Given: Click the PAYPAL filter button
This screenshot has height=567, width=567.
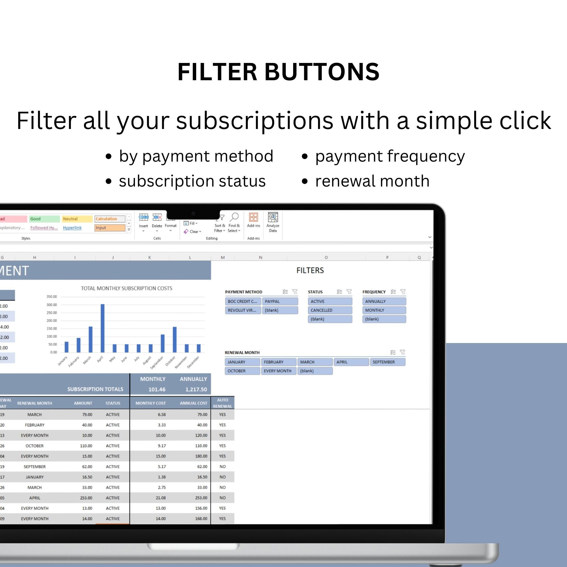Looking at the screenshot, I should pyautogui.click(x=280, y=301).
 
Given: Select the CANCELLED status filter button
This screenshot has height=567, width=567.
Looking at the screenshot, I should pyautogui.click(x=330, y=310).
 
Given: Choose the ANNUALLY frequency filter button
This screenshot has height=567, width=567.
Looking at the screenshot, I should pyautogui.click(x=384, y=301).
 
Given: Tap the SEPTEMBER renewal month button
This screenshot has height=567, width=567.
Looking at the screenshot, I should pyautogui.click(x=387, y=362).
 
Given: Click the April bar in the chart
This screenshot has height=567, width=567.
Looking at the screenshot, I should pyautogui.click(x=102, y=328).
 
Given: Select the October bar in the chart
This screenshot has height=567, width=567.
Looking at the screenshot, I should pyautogui.click(x=175, y=340).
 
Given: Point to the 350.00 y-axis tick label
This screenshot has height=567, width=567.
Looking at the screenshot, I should pyautogui.click(x=52, y=297).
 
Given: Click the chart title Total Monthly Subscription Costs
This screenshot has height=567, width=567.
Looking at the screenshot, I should pyautogui.click(x=126, y=289).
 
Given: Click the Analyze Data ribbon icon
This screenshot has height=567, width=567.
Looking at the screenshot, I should pyautogui.click(x=273, y=217).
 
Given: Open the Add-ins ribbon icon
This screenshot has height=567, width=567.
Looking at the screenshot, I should pyautogui.click(x=253, y=217).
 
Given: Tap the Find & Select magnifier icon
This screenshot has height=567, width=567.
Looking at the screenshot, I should pyautogui.click(x=234, y=217).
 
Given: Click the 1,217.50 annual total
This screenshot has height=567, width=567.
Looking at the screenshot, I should pyautogui.click(x=196, y=390).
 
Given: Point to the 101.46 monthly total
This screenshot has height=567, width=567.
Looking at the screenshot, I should pyautogui.click(x=157, y=390).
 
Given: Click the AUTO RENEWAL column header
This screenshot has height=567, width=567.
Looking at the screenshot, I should pyautogui.click(x=223, y=403).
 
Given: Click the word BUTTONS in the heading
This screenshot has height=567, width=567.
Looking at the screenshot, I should pyautogui.click(x=322, y=72).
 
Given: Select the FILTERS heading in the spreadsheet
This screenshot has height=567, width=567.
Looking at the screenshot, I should pyautogui.click(x=310, y=270).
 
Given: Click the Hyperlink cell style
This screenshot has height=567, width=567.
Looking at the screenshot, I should pyautogui.click(x=72, y=228).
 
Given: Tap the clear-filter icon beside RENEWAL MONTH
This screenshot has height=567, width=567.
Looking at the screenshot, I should pyautogui.click(x=402, y=352).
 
